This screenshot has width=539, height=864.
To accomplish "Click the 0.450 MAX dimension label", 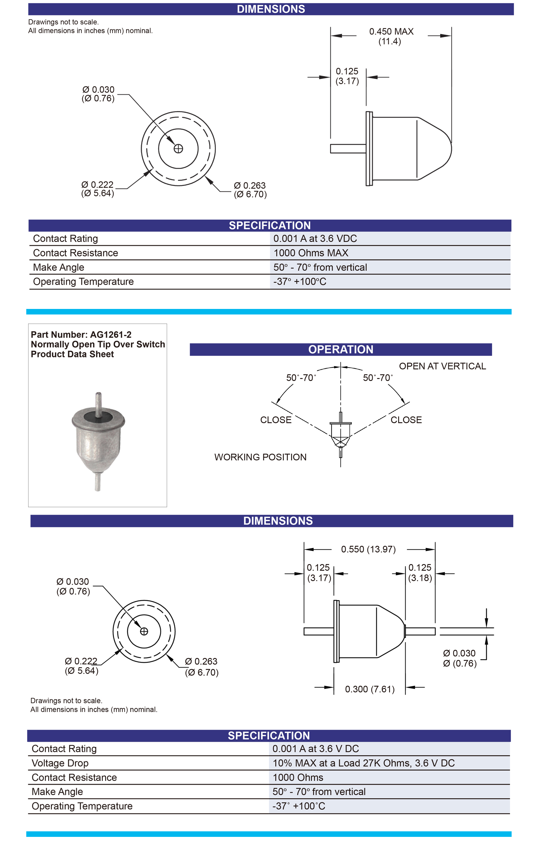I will tap(391, 32).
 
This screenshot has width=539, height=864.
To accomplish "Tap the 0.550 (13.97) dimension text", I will tap(368, 549).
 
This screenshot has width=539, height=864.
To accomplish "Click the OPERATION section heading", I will tap(340, 349).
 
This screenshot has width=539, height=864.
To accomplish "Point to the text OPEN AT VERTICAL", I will tap(442, 366).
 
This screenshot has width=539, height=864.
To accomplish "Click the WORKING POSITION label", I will tap(260, 457).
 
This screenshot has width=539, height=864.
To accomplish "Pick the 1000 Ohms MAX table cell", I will tap(311, 253).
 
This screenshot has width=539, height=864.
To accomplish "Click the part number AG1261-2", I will tap(111, 335).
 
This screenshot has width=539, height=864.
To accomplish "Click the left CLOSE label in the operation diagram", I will tap(275, 420).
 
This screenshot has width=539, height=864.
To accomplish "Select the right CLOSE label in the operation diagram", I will tap(406, 420).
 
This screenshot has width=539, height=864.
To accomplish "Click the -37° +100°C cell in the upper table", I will tap(300, 282).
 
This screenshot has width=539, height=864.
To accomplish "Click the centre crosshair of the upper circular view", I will tap(178, 149).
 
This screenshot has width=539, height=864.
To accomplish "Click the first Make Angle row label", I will tap(58, 267).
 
